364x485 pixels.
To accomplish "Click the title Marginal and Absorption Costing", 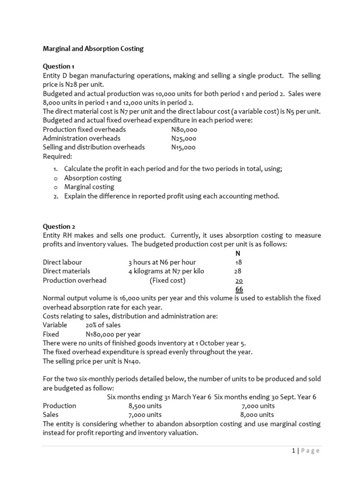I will pyautogui.click(x=93, y=49).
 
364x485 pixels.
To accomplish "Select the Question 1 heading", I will pyautogui.click(x=58, y=66).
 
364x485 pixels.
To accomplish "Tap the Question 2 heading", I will pyautogui.click(x=59, y=226).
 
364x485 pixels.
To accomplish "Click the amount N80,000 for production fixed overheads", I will pyautogui.click(x=184, y=129).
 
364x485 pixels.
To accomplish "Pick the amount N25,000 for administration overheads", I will pyautogui.click(x=184, y=138).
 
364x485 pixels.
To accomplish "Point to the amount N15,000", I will pyautogui.click(x=183, y=147).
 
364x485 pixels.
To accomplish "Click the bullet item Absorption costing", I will pyautogui.click(x=92, y=178).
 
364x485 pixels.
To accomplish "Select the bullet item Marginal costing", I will pyautogui.click(x=89, y=187).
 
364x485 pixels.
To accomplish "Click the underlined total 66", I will pyautogui.click(x=239, y=289).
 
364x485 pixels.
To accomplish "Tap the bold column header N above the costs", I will pyautogui.click(x=238, y=253).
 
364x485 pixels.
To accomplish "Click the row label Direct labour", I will pyautogui.click(x=62, y=262).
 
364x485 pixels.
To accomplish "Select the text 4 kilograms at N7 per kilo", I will pyautogui.click(x=166, y=271).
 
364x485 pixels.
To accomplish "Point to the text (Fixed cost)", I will pyautogui.click(x=168, y=280).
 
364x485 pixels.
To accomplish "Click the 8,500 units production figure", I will pyautogui.click(x=145, y=406).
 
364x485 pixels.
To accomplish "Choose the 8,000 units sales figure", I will pyautogui.click(x=258, y=415).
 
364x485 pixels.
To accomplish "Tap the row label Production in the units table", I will pyautogui.click(x=59, y=406).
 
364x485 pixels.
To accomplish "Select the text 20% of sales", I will pyautogui.click(x=103, y=325).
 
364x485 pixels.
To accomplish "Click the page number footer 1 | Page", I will pyautogui.click(x=306, y=451).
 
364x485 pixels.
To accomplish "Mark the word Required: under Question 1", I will pyautogui.click(x=57, y=156).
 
